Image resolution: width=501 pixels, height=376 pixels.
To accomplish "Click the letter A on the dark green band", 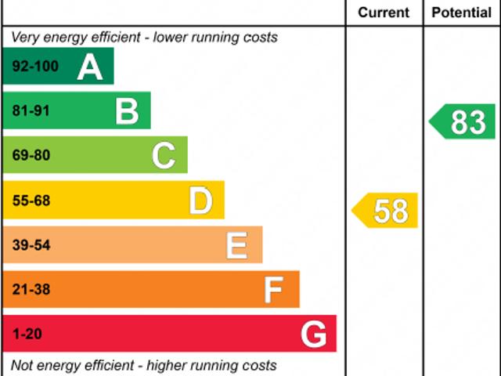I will click(x=90, y=67).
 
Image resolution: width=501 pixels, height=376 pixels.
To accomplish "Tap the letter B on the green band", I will click(x=127, y=111).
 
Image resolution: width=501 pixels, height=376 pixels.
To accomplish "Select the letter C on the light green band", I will click(x=164, y=155).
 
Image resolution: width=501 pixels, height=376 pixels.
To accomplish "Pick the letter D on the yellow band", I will click(x=201, y=201).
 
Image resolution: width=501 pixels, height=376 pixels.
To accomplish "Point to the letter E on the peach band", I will click(x=237, y=245).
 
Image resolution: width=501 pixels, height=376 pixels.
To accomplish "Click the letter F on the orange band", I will click(x=273, y=290).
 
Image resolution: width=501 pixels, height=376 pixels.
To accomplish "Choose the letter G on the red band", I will click(x=314, y=334).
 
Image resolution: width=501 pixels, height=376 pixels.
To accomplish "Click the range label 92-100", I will click(x=35, y=67).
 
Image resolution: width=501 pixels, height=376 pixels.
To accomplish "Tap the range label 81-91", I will click(x=31, y=111).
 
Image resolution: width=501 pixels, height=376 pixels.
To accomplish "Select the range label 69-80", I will click(x=31, y=155).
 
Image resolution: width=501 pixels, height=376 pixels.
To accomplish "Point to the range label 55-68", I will click(x=31, y=201).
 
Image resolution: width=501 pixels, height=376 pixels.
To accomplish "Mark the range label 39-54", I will click(x=31, y=245).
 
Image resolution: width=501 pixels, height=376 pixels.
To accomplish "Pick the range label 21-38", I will click(x=31, y=290).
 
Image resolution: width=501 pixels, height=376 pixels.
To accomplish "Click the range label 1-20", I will click(x=27, y=334).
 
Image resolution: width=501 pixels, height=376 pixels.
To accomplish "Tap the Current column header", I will click(x=384, y=13).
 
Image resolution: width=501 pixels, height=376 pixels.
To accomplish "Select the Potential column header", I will click(x=462, y=13).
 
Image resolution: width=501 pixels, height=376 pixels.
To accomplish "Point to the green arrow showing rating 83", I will click(x=463, y=122).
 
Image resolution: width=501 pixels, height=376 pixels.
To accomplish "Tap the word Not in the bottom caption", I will click(x=23, y=365).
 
